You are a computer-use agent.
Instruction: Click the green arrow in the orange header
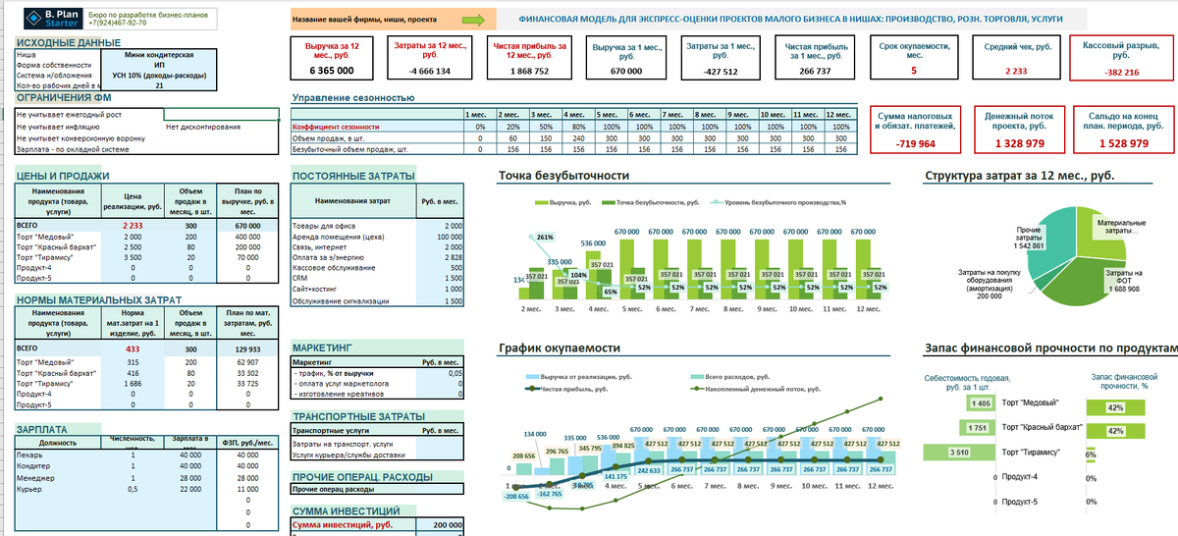(472, 19)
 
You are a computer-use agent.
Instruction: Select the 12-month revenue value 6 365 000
(331, 72)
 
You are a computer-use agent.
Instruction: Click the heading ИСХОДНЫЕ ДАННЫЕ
(69, 42)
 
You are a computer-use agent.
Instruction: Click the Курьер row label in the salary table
(29, 488)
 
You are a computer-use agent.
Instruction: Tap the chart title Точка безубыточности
(563, 177)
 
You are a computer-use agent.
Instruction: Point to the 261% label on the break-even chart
(546, 238)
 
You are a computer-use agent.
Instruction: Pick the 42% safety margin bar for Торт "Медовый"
(1115, 406)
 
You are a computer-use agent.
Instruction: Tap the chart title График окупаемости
(559, 348)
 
